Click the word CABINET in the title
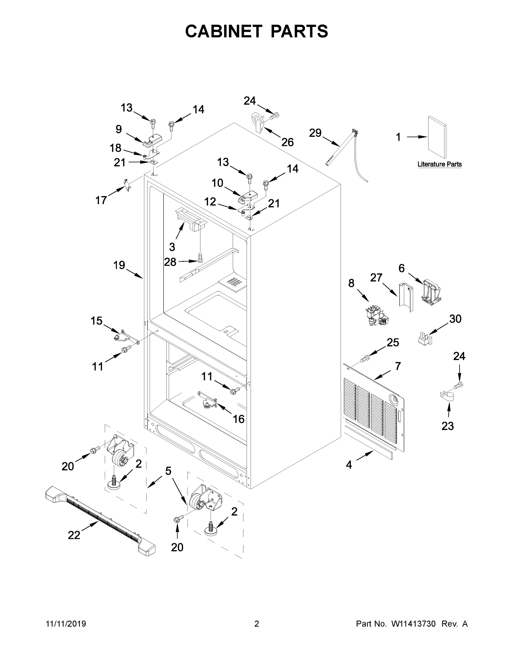coord(224,31)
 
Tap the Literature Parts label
coord(439,164)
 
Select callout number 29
coord(315,133)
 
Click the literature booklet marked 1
coord(437,138)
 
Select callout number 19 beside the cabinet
coord(119,265)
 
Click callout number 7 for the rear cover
coord(398,366)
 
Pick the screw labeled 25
coord(364,359)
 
